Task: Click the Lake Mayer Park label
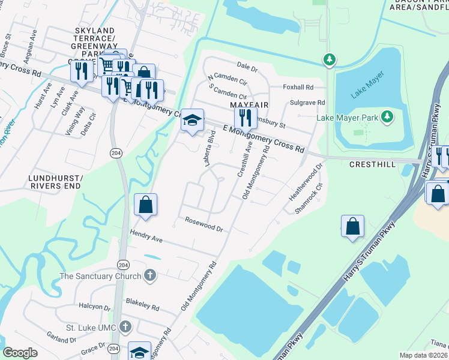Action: tap(348, 117)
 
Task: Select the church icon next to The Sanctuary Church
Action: tap(150, 275)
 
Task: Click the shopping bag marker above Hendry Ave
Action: tap(145, 205)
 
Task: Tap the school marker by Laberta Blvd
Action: tap(192, 121)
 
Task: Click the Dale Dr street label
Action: tap(247, 66)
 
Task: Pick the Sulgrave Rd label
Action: tap(307, 103)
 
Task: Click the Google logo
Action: tap(20, 353)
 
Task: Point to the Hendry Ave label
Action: tap(146, 235)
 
